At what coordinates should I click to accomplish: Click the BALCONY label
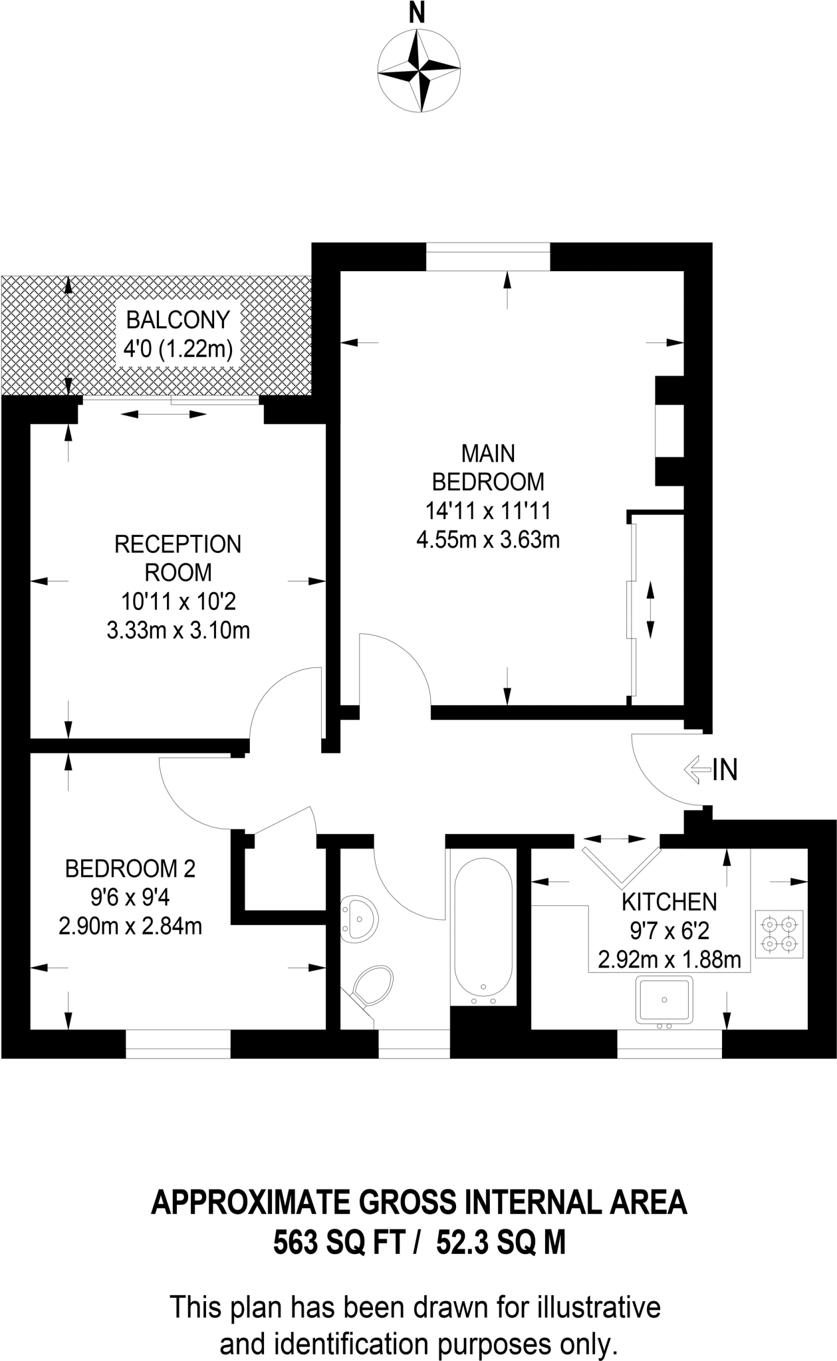pyautogui.click(x=178, y=320)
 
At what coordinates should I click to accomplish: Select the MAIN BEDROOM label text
pyautogui.click(x=488, y=467)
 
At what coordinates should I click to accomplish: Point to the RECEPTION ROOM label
pyautogui.click(x=178, y=558)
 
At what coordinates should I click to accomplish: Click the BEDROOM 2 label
pyautogui.click(x=130, y=868)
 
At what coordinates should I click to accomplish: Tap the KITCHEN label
pyautogui.click(x=669, y=902)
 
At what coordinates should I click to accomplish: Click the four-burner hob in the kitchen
pyautogui.click(x=779, y=934)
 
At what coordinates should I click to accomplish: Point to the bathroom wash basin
pyautogui.click(x=359, y=918)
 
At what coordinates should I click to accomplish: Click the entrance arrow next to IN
pyautogui.click(x=696, y=770)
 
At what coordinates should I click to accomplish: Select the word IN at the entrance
pyautogui.click(x=725, y=770)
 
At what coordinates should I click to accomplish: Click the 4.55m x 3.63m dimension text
pyautogui.click(x=488, y=540)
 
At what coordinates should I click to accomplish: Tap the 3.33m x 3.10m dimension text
pyautogui.click(x=178, y=629)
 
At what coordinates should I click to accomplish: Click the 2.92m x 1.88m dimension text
pyautogui.click(x=669, y=960)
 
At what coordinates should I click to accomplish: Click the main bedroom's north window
pyautogui.click(x=488, y=257)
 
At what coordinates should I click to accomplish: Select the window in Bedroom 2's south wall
pyautogui.click(x=178, y=1044)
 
